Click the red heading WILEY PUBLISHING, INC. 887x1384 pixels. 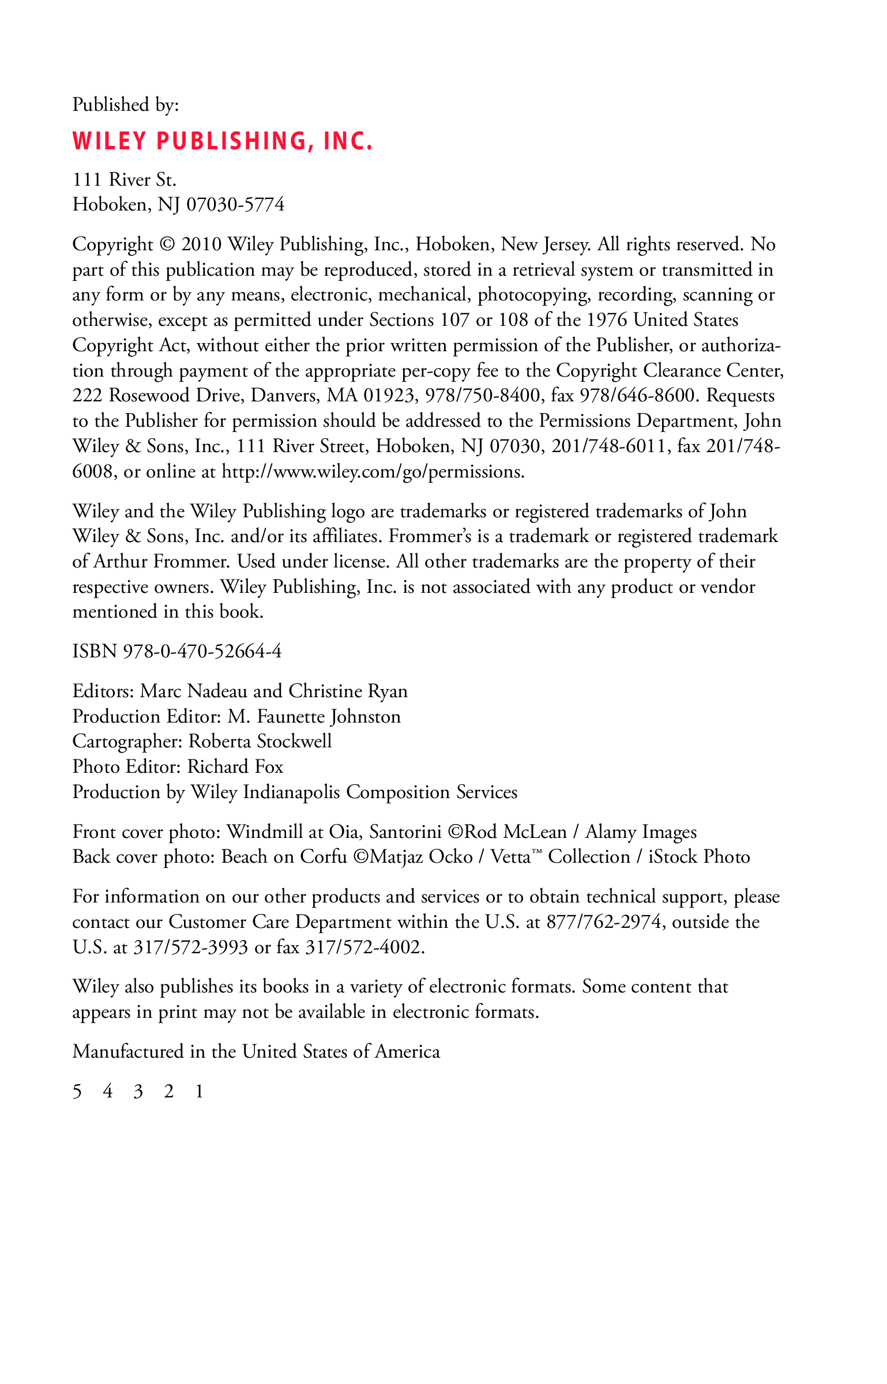(223, 141)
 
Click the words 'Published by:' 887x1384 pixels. (126, 105)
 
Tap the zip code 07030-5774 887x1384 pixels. (235, 205)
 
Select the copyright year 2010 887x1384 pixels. (201, 245)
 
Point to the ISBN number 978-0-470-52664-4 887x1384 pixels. (202, 652)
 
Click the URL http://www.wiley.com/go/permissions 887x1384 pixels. (373, 472)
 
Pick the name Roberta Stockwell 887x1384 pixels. (260, 742)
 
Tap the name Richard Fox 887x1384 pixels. (235, 767)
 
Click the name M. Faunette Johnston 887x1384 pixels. (314, 717)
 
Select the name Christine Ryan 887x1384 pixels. (348, 691)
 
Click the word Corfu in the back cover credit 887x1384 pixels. (324, 857)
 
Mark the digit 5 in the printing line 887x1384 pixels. (77, 1092)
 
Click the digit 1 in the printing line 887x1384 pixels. (200, 1092)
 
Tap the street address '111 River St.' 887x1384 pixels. (125, 180)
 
